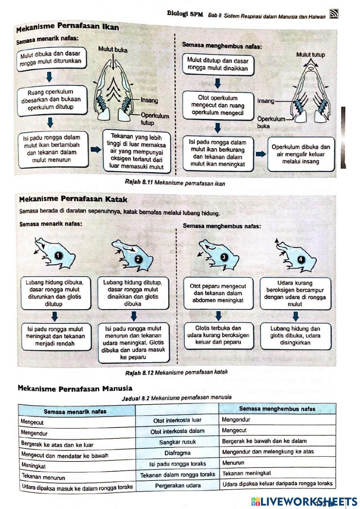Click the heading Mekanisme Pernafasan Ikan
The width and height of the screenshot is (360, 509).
click(68, 27)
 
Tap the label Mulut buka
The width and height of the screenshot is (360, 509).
click(113, 50)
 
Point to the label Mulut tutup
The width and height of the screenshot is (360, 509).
click(310, 54)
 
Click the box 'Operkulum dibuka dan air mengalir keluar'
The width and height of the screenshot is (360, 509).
click(301, 154)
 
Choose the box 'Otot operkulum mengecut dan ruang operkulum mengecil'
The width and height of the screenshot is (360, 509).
click(217, 105)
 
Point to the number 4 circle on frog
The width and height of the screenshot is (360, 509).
click(301, 259)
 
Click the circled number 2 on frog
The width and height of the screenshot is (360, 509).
click(138, 259)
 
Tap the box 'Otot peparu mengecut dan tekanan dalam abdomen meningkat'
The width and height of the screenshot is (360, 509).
click(218, 293)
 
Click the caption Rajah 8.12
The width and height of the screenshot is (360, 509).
click(176, 372)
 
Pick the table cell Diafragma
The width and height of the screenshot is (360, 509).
click(177, 453)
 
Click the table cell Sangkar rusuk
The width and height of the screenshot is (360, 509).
click(177, 442)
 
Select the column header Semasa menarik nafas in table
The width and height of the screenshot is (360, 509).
click(75, 411)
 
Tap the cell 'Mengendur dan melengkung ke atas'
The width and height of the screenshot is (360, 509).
click(268, 452)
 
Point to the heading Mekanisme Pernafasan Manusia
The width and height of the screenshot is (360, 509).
click(75, 389)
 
